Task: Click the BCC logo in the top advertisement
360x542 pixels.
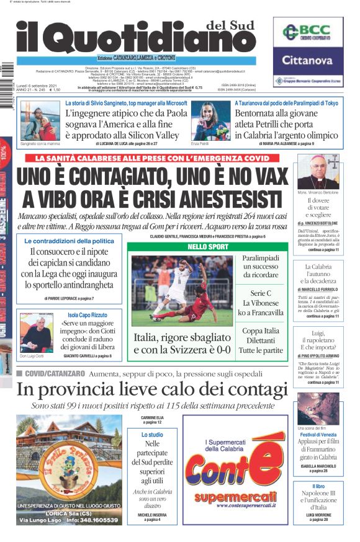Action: coord(308,32)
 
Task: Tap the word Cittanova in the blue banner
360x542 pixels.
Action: coord(308,60)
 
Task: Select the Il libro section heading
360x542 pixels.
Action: coord(318,486)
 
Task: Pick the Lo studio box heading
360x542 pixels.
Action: coord(152,435)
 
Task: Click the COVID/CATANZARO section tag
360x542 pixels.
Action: coord(53,373)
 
